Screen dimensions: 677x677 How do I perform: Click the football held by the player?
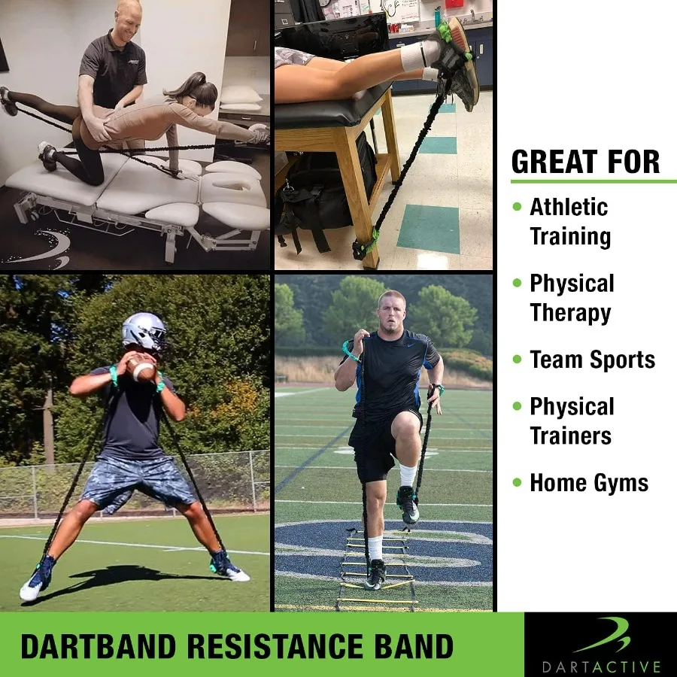(x=142, y=369)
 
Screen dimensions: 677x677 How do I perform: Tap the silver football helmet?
(x=143, y=332)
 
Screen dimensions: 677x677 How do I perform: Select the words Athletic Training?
(x=569, y=221)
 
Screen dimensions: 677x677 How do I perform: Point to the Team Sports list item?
(x=592, y=360)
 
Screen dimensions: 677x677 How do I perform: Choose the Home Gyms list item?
(x=588, y=483)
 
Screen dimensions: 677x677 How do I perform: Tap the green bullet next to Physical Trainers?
(x=517, y=406)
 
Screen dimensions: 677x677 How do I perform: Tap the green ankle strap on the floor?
(x=366, y=245)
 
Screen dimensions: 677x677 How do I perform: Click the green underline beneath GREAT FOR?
(x=593, y=181)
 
